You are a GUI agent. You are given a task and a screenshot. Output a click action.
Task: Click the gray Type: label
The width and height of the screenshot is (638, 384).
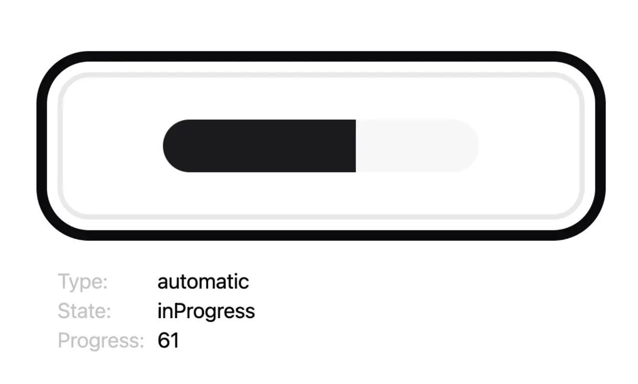coord(83,282)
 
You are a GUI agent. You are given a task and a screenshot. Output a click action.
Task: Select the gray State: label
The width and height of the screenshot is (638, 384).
coord(84,311)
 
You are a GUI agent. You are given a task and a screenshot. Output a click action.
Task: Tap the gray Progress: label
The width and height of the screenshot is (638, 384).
coord(100,341)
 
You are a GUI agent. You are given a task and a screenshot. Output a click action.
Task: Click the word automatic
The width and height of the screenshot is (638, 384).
coord(203,282)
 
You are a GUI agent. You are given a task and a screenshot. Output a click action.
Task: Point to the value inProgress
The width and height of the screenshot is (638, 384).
coord(206,311)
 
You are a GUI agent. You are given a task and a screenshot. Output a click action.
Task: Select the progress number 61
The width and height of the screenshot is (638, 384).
coord(168,341)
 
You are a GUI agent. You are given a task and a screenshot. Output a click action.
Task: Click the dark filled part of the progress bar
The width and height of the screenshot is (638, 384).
coord(260,146)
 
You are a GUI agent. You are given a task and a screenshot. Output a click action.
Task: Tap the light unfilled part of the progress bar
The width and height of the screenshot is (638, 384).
coord(416,146)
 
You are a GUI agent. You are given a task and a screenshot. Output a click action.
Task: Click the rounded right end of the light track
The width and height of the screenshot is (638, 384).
coord(471,146)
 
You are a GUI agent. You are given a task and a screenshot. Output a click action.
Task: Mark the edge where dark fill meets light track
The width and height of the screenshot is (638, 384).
coord(356,146)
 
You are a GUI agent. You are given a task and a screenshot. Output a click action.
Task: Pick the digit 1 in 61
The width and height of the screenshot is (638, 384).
coord(174,341)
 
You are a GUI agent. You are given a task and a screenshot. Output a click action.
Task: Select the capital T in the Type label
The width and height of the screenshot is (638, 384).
coord(64,281)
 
